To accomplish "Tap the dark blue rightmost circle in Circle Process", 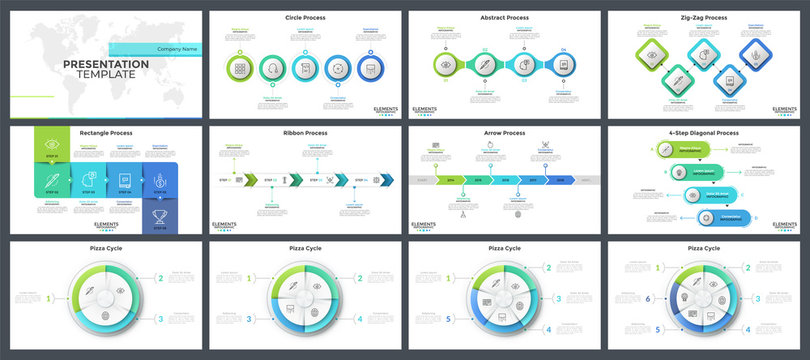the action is tap(369, 68).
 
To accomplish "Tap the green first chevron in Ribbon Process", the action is tap(250, 180).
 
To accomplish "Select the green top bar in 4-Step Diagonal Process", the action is tap(689, 149).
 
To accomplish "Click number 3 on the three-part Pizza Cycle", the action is tap(160, 319).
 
